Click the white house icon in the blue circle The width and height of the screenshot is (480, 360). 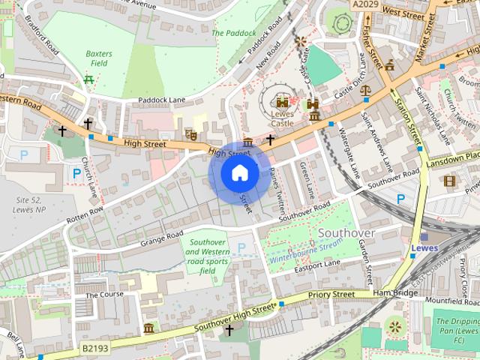[x=239, y=173]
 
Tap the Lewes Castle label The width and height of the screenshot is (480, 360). [x=282, y=118]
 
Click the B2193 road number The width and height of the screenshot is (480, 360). [x=95, y=349]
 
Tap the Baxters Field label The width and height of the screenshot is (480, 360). [x=98, y=59]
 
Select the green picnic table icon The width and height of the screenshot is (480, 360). [x=89, y=79]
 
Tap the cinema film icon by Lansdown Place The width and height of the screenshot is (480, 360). [x=449, y=181]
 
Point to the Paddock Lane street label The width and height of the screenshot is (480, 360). [x=160, y=100]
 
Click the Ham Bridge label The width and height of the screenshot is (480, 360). [x=394, y=292]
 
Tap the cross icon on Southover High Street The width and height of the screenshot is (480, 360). [x=229, y=330]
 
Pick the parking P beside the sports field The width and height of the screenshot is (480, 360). [x=241, y=247]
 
